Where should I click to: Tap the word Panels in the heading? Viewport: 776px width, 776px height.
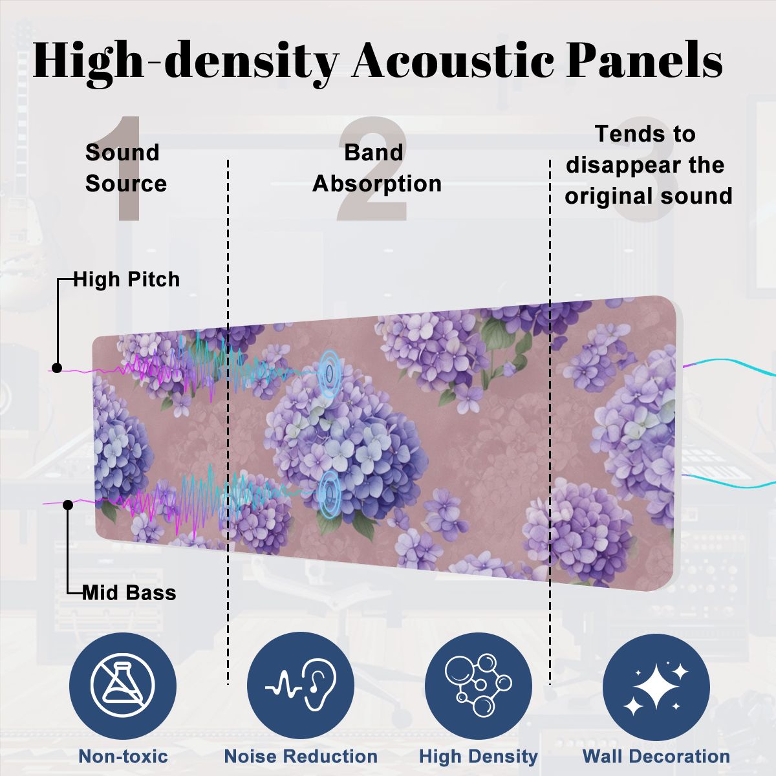click(x=644, y=59)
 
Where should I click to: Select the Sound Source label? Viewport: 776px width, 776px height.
click(x=126, y=168)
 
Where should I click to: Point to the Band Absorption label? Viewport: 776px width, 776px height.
click(x=377, y=168)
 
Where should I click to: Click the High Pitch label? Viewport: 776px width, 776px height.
click(x=127, y=279)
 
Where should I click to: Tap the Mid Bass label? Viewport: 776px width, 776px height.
click(x=129, y=593)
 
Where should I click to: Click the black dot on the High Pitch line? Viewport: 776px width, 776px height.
click(x=57, y=368)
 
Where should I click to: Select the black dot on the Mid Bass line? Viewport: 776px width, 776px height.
click(x=68, y=504)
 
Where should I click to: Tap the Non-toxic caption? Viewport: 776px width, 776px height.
click(x=124, y=756)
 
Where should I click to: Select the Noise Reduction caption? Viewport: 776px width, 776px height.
click(x=301, y=756)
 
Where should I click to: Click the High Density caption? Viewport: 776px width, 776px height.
click(x=479, y=757)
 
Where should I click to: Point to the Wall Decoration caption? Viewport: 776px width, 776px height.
click(x=656, y=756)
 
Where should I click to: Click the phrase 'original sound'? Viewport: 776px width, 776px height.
click(x=649, y=197)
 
